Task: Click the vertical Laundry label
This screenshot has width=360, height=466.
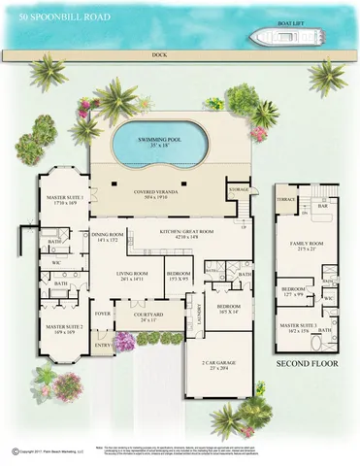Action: pyautogui.click(x=199, y=314)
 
